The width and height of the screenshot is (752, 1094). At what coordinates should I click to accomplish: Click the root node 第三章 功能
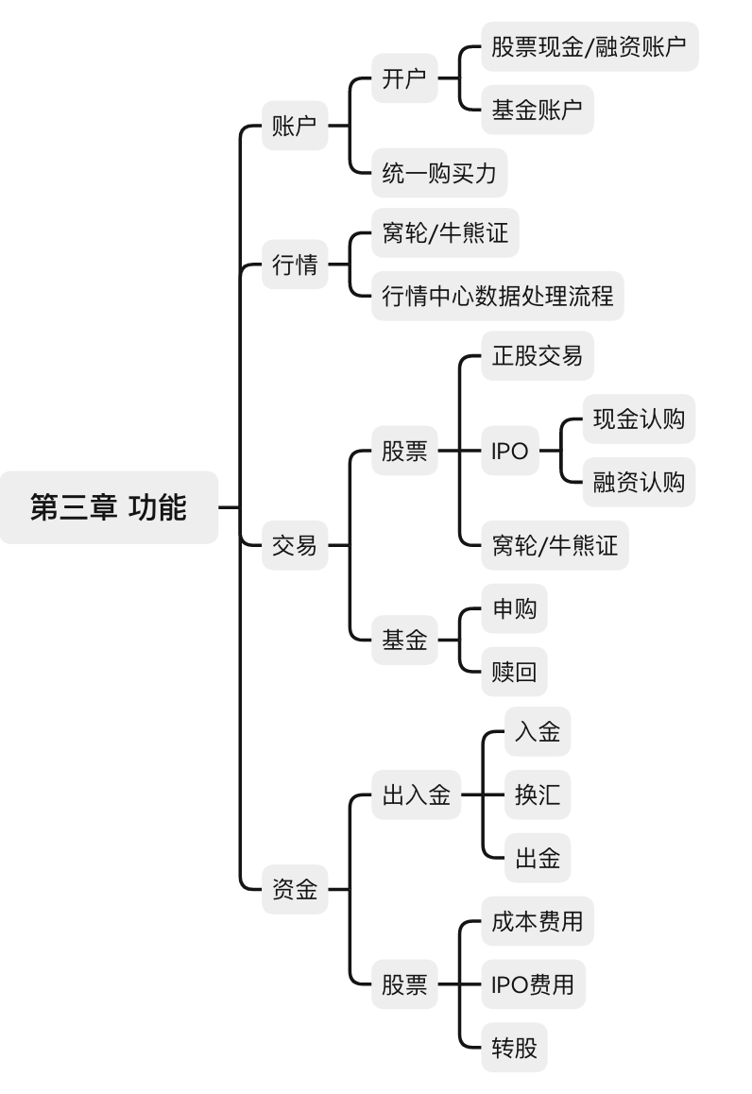coord(109,507)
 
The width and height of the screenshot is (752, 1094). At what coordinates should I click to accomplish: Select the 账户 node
coord(295,126)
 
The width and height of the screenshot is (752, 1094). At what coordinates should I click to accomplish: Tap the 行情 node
coord(295,265)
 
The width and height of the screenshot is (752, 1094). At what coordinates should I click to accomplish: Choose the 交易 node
coord(295,545)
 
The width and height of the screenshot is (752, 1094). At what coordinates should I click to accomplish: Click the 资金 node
coord(295,889)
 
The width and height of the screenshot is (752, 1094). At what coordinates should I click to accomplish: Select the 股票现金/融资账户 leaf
coord(590,46)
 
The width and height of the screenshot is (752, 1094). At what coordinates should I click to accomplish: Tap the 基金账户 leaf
coord(537,110)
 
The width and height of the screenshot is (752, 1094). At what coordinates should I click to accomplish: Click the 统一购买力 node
coord(439,172)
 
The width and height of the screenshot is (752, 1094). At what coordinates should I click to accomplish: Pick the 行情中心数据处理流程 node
coord(497,297)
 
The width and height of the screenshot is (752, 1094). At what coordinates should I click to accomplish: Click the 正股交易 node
coord(538,356)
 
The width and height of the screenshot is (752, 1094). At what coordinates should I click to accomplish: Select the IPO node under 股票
coord(510,452)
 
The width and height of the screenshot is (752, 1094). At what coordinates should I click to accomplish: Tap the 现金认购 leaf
coord(639,419)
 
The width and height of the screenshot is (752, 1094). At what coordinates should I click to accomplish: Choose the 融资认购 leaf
coord(639,483)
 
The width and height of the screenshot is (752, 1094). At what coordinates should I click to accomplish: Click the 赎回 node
coord(514,672)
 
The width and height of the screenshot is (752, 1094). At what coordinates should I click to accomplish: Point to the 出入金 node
coord(416,795)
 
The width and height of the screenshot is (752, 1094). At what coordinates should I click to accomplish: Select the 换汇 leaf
coord(538,795)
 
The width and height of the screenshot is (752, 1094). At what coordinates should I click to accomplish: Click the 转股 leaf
coord(514,1047)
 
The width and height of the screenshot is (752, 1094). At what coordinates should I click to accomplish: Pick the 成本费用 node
coord(538,920)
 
